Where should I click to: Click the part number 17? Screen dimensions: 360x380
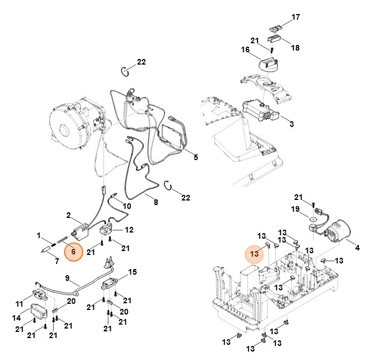pyautogui.click(x=295, y=17)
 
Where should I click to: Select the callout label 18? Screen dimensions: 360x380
pyautogui.click(x=295, y=48)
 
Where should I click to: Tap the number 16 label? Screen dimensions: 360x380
pyautogui.click(x=245, y=50)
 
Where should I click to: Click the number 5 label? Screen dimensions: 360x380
pyautogui.click(x=195, y=157)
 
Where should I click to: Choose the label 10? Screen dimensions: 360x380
pyautogui.click(x=127, y=207)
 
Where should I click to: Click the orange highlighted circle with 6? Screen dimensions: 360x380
pyautogui.click(x=74, y=253)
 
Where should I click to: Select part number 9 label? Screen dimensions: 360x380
pyautogui.click(x=67, y=277)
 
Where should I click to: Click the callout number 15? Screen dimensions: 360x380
pyautogui.click(x=132, y=272)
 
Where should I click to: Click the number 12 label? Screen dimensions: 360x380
pyautogui.click(x=129, y=230)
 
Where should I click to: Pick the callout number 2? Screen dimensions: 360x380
pyautogui.click(x=68, y=215)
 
